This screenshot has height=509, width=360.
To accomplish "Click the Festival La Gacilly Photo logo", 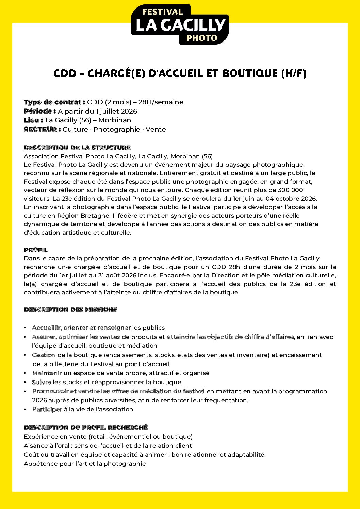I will pyautogui.click(x=180, y=24).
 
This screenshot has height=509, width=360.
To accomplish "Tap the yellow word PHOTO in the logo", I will pyautogui.click(x=202, y=38).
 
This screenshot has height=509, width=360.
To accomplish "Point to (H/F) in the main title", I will pyautogui.click(x=294, y=73).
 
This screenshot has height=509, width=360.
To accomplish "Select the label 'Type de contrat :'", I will pyautogui.click(x=54, y=102).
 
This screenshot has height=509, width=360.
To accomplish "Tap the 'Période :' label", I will pyautogui.click(x=40, y=111).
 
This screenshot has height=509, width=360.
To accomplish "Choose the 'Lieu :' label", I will pyautogui.click(x=33, y=120).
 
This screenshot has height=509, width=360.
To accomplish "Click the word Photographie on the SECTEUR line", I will pyautogui.click(x=117, y=129).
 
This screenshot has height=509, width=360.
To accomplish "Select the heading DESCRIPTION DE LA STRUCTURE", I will pyautogui.click(x=77, y=148).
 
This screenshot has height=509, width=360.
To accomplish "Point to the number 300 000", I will pyautogui.click(x=290, y=190).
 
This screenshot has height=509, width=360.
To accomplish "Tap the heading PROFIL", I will pyautogui.click(x=36, y=250).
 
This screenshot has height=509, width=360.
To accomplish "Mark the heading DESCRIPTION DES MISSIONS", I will pyautogui.click(x=70, y=309).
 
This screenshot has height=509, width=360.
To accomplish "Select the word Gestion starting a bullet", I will pyautogui.click(x=44, y=355).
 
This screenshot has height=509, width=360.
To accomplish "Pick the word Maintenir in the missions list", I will pyautogui.click(x=47, y=373).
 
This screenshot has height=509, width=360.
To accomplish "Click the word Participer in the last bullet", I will pyautogui.click(x=47, y=409).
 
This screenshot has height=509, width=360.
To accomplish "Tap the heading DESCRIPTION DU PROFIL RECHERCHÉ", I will pyautogui.click(x=86, y=427).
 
